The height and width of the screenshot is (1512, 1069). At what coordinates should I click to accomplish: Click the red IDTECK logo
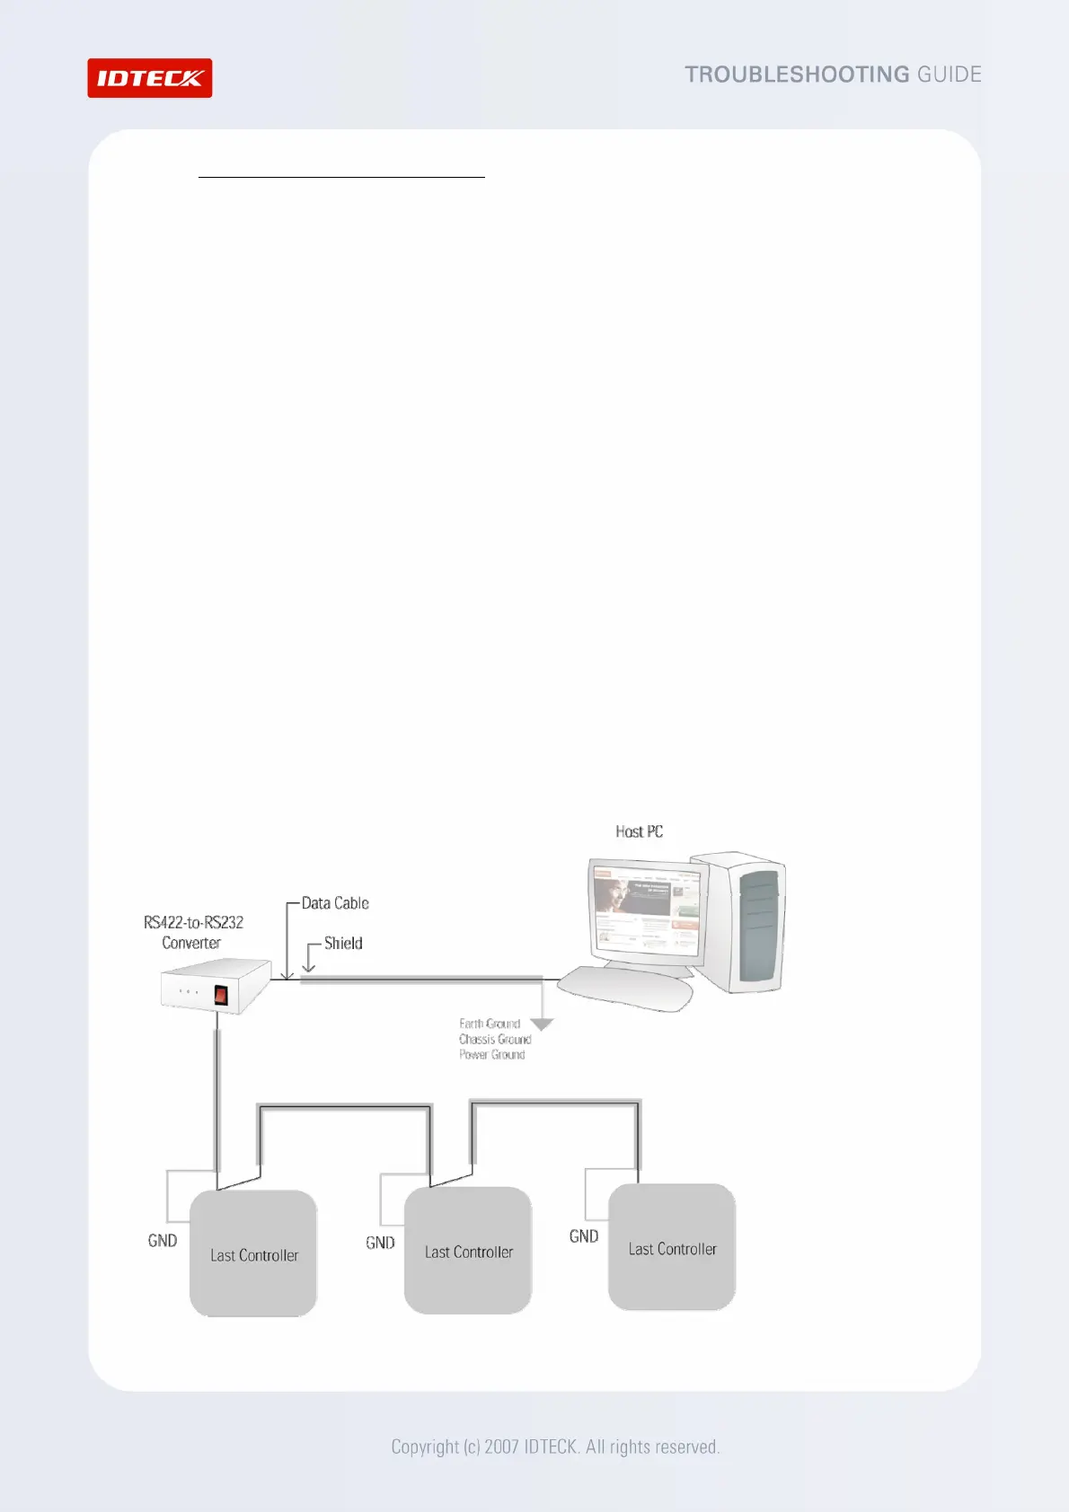[149, 78]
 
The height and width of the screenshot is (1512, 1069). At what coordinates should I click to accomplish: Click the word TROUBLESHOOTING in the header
[797, 75]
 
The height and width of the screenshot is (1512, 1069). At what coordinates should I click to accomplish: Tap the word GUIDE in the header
[949, 75]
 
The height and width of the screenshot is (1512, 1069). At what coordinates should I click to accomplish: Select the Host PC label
[639, 831]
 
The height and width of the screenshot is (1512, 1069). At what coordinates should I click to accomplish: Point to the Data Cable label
[335, 903]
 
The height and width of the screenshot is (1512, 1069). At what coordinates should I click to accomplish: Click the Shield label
[343, 943]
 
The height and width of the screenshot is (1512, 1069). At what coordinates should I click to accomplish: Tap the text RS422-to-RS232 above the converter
[193, 922]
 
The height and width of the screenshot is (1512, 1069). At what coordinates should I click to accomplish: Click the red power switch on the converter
[221, 995]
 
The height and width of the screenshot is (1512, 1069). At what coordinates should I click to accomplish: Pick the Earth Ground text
[490, 1024]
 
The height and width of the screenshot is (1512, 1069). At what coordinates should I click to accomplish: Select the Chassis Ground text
[495, 1039]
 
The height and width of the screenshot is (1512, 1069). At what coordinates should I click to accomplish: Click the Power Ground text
[492, 1054]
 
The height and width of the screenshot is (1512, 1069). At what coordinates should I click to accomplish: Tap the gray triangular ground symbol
[543, 1024]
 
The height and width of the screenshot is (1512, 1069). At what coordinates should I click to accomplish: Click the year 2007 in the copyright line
[501, 1446]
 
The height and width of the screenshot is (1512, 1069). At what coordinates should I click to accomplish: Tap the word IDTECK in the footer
[550, 1446]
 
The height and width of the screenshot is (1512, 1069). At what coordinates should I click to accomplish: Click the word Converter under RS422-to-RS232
[191, 943]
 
